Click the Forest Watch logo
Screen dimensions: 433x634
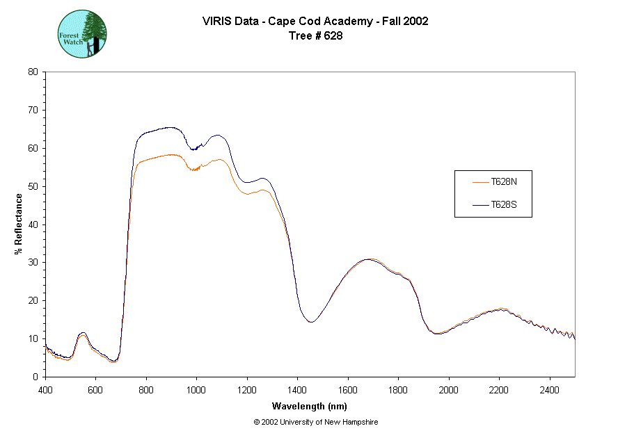pyautogui.click(x=81, y=33)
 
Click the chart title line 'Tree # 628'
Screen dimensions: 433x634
pyautogui.click(x=315, y=36)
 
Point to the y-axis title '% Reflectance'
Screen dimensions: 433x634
pyautogui.click(x=19, y=224)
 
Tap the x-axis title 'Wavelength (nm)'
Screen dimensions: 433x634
pyautogui.click(x=309, y=407)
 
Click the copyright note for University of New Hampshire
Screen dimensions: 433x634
pyautogui.click(x=316, y=422)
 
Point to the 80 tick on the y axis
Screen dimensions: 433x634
pyautogui.click(x=33, y=72)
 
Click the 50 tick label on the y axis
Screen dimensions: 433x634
pyautogui.click(x=33, y=186)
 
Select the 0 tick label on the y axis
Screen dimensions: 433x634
pyautogui.click(x=35, y=377)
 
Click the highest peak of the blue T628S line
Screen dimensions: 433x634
pyautogui.click(x=171, y=127)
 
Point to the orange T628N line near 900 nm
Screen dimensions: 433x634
pyautogui.click(x=171, y=154)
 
